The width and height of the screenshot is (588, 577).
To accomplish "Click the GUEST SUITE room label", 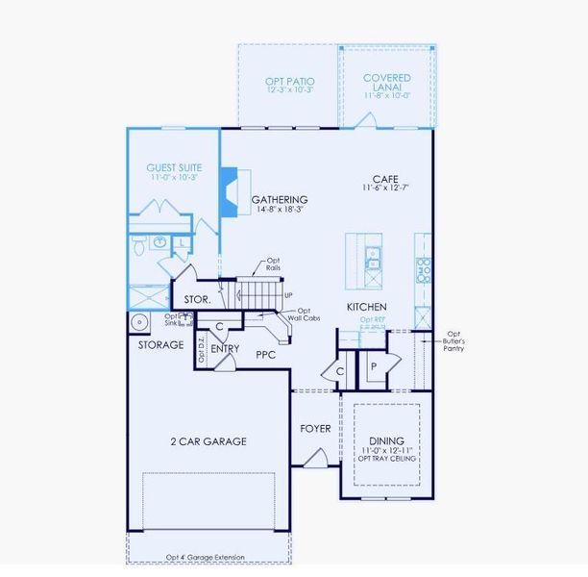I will pyautogui.click(x=173, y=165).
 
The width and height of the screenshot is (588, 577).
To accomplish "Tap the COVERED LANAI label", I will pyautogui.click(x=387, y=78).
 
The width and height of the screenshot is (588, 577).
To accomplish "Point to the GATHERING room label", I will pyautogui.click(x=280, y=200).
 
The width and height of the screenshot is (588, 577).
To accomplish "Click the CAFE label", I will pyautogui.click(x=386, y=179).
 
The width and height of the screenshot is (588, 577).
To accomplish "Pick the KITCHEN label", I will pyautogui.click(x=366, y=308).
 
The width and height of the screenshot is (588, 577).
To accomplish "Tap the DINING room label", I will pyautogui.click(x=385, y=439).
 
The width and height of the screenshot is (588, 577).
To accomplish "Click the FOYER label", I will pyautogui.click(x=315, y=429).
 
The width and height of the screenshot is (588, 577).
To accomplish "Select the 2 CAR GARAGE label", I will pyautogui.click(x=208, y=441).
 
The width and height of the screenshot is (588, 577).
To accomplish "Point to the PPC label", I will pyautogui.click(x=266, y=355).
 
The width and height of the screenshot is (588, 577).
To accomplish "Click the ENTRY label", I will pyautogui.click(x=225, y=348).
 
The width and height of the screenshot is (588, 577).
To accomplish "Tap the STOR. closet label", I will pyautogui.click(x=198, y=300).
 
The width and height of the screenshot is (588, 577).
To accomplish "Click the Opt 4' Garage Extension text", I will pyautogui.click(x=205, y=558).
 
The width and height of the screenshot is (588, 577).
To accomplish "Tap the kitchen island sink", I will pyautogui.click(x=373, y=258).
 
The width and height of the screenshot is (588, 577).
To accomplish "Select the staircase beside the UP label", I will pyautogui.click(x=259, y=290).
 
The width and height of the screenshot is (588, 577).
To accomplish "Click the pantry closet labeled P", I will pyautogui.click(x=373, y=365).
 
